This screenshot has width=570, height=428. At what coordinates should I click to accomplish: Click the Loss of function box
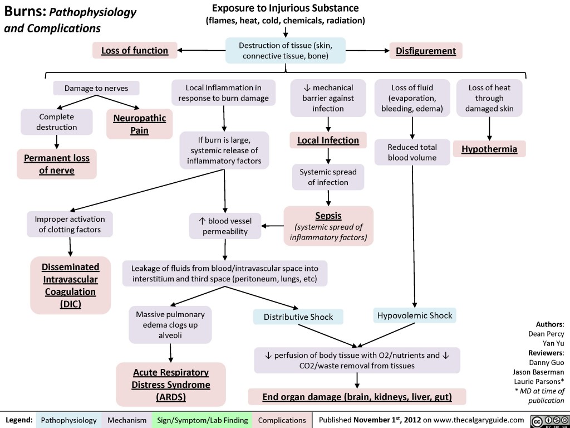click(134, 51)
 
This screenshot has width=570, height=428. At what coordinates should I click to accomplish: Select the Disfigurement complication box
click(426, 51)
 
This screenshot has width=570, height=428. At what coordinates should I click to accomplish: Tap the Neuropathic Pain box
click(140, 124)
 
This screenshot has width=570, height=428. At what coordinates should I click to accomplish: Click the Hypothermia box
click(489, 149)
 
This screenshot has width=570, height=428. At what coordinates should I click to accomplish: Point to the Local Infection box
click(328, 140)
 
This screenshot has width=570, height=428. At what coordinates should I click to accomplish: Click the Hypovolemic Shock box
click(415, 315)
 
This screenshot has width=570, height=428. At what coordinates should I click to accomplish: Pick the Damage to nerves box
click(96, 88)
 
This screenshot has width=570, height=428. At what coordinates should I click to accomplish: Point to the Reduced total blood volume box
click(412, 152)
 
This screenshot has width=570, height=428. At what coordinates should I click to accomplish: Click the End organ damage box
click(356, 397)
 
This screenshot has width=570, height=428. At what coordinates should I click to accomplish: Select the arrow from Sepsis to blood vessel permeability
click(273, 226)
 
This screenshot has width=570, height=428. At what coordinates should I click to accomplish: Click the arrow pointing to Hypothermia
click(489, 129)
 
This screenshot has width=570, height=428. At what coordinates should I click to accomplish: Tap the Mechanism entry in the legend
click(127, 419)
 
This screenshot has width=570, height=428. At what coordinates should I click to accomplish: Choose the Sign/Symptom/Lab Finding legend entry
click(203, 419)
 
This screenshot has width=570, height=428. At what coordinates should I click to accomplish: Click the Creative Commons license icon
click(546, 419)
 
